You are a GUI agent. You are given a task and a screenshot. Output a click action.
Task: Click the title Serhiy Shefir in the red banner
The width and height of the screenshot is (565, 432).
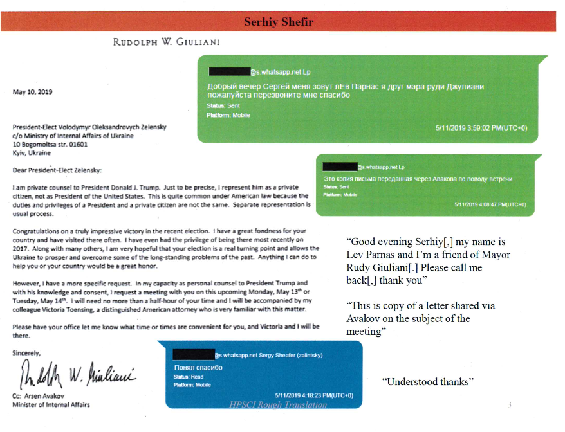(x=279, y=22)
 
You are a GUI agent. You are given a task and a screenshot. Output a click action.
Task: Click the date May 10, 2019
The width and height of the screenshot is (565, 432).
(x=33, y=92)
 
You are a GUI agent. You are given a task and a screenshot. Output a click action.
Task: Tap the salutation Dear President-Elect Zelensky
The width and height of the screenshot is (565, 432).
(x=57, y=170)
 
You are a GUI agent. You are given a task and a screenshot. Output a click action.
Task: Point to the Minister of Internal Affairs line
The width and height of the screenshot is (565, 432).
(x=51, y=404)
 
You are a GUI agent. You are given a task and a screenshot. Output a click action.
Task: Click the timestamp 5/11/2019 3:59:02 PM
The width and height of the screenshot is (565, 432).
(x=481, y=128)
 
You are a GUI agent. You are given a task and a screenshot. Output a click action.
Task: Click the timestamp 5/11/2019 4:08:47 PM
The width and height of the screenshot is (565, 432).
(x=490, y=204)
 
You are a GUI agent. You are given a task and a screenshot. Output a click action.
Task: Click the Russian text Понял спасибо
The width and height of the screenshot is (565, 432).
(x=198, y=367)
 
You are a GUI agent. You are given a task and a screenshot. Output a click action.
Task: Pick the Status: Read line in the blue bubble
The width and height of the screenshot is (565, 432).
(x=189, y=376)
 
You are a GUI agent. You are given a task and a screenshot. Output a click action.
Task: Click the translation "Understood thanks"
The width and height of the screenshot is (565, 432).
(x=428, y=382)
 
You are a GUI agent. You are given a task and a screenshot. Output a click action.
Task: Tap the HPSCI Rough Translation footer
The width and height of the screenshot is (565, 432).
(x=278, y=404)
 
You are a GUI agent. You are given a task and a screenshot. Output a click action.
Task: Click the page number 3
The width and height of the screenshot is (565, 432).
(x=509, y=404)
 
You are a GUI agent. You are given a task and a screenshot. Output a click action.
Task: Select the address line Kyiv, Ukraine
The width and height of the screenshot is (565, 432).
(x=32, y=154)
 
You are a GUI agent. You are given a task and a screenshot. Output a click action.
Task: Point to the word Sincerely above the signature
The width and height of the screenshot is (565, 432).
(x=26, y=353)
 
